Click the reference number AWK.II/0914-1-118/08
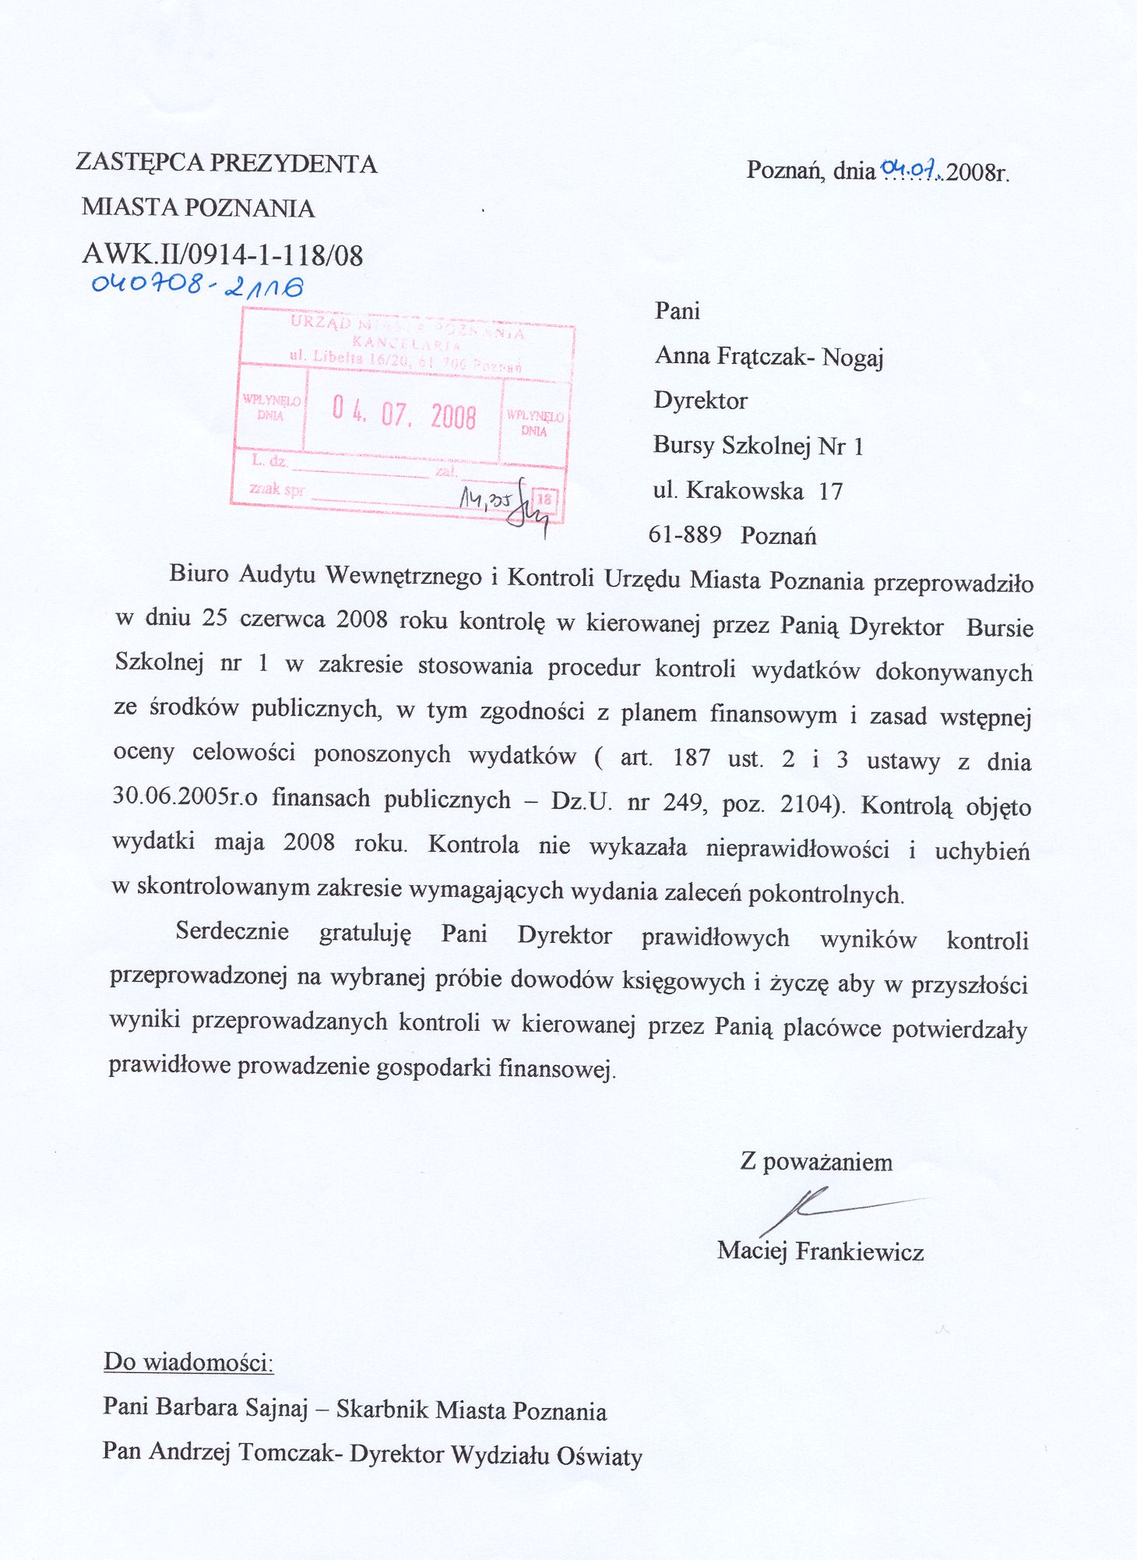222,255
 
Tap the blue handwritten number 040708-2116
197,285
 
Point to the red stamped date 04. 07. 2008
403,413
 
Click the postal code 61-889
685,535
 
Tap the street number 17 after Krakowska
831,491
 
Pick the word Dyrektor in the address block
700,401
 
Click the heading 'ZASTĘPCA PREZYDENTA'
227,163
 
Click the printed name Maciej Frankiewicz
820,1251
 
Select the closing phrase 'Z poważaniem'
815,1162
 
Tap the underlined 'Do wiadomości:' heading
188,1362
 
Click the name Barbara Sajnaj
231,1406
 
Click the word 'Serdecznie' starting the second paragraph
232,931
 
